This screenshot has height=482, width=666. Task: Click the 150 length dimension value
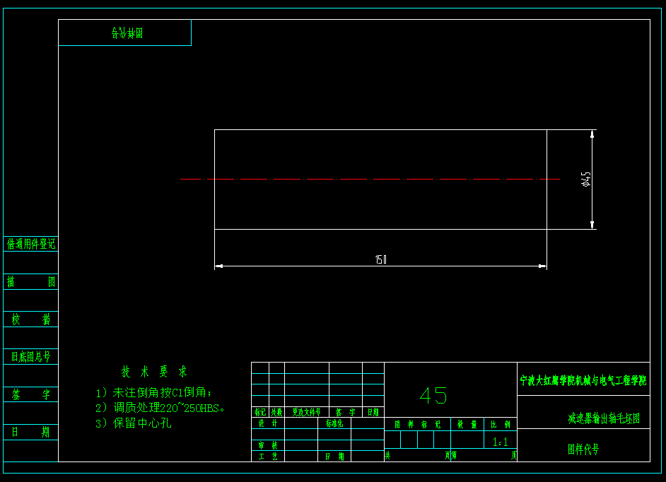[381, 259]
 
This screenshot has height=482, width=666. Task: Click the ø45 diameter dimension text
[585, 179]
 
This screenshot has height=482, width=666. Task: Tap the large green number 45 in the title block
[433, 395]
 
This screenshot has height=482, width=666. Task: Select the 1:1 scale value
[501, 442]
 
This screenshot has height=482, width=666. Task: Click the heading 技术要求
[154, 372]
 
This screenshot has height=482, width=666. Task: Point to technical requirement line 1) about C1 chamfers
[153, 392]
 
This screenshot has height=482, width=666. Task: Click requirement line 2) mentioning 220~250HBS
[160, 408]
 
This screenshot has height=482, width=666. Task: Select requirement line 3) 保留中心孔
[134, 423]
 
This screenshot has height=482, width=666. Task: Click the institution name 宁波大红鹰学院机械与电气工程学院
[583, 380]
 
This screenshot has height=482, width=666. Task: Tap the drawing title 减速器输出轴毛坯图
[604, 418]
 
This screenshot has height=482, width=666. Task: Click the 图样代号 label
[583, 449]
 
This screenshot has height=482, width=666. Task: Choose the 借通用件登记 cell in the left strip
[31, 244]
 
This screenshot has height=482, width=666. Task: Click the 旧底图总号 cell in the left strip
[31, 356]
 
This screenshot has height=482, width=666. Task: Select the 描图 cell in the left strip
[31, 281]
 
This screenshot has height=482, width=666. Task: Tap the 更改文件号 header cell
[307, 412]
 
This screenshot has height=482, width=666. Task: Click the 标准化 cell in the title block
[334, 424]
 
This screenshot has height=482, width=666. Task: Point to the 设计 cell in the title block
[268, 424]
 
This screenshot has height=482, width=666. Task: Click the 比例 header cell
[501, 425]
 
